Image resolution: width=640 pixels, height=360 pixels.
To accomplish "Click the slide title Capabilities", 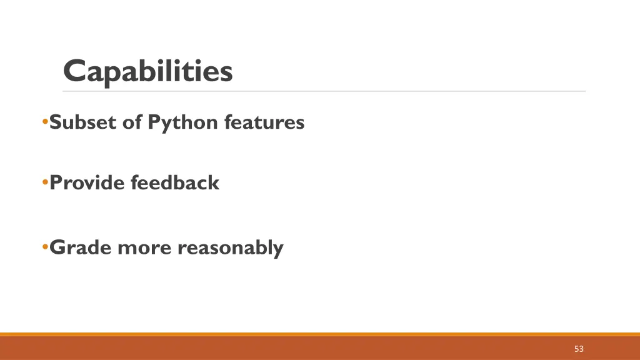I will (x=148, y=71).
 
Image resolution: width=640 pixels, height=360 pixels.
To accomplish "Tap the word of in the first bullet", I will (x=132, y=122).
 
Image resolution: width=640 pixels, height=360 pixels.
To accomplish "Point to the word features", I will (x=264, y=122).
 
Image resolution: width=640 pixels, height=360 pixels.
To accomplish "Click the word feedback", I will (x=175, y=183).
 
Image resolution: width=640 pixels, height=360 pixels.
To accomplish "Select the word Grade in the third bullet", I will (x=81, y=247).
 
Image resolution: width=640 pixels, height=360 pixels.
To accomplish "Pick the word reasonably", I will (x=230, y=248).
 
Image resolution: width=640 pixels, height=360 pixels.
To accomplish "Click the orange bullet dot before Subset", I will (x=45, y=121).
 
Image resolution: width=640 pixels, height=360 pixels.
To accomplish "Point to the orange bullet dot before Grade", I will (x=45, y=247).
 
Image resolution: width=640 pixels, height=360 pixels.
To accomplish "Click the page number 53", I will (x=579, y=349).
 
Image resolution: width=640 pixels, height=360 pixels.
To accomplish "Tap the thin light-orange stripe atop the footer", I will (x=320, y=334).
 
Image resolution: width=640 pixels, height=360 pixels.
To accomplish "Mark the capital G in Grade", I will (x=58, y=247).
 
